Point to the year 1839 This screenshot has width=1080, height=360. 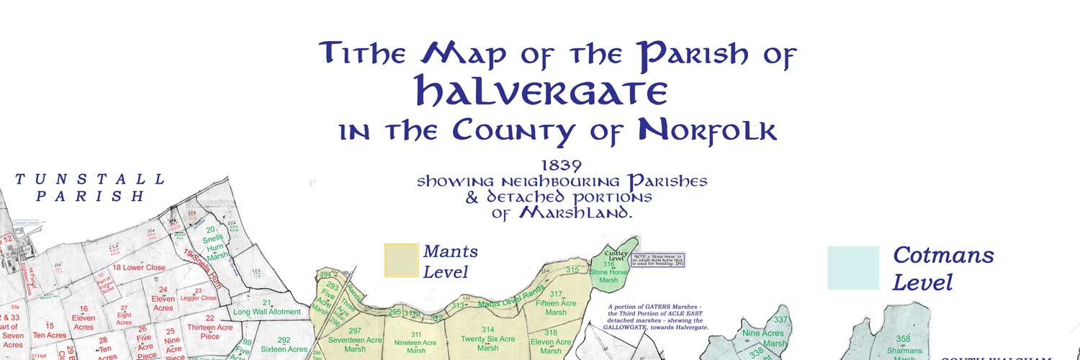[562, 164]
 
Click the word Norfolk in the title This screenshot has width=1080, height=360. [708, 130]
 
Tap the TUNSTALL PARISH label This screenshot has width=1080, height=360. [91, 187]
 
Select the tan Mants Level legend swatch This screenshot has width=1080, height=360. [401, 260]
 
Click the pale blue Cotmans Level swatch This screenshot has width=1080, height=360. [853, 268]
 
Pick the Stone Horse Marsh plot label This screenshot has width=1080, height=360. [608, 272]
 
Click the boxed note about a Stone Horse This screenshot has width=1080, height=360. [657, 260]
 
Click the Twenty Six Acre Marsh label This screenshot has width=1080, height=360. [488, 343]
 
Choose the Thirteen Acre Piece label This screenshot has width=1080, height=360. [210, 327]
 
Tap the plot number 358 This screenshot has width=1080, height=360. [904, 338]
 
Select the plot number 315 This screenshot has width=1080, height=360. [572, 270]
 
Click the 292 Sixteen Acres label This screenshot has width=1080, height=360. [284, 345]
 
